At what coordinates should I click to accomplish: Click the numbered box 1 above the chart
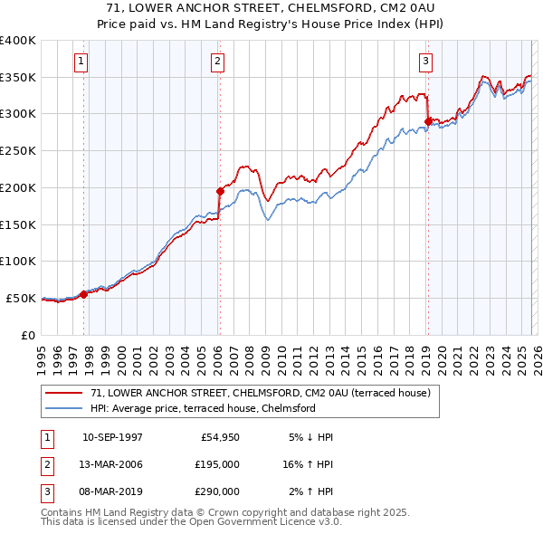coord(81,62)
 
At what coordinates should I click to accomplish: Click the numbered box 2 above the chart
coord(218,62)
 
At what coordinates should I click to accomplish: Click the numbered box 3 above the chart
coord(425,62)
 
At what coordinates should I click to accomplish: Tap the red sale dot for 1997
coord(84,293)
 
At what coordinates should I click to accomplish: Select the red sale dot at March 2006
coord(220,191)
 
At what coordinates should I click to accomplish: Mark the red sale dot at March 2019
coord(427,120)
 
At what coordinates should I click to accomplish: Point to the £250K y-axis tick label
coord(17,151)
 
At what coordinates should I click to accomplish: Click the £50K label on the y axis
coord(21,298)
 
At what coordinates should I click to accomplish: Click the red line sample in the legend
coord(65,394)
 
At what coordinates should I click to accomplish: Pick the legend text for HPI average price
coord(202,408)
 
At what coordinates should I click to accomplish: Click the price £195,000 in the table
coord(217,463)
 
